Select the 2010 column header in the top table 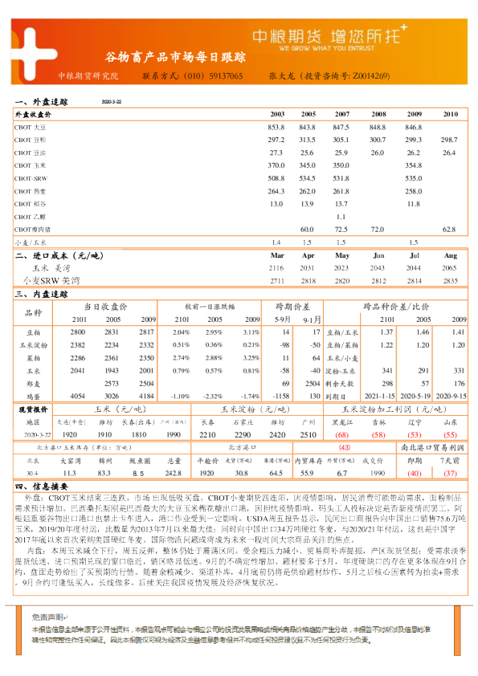[x=449, y=115]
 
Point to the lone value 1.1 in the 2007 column [x=341, y=217]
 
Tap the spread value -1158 [x=282, y=396]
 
